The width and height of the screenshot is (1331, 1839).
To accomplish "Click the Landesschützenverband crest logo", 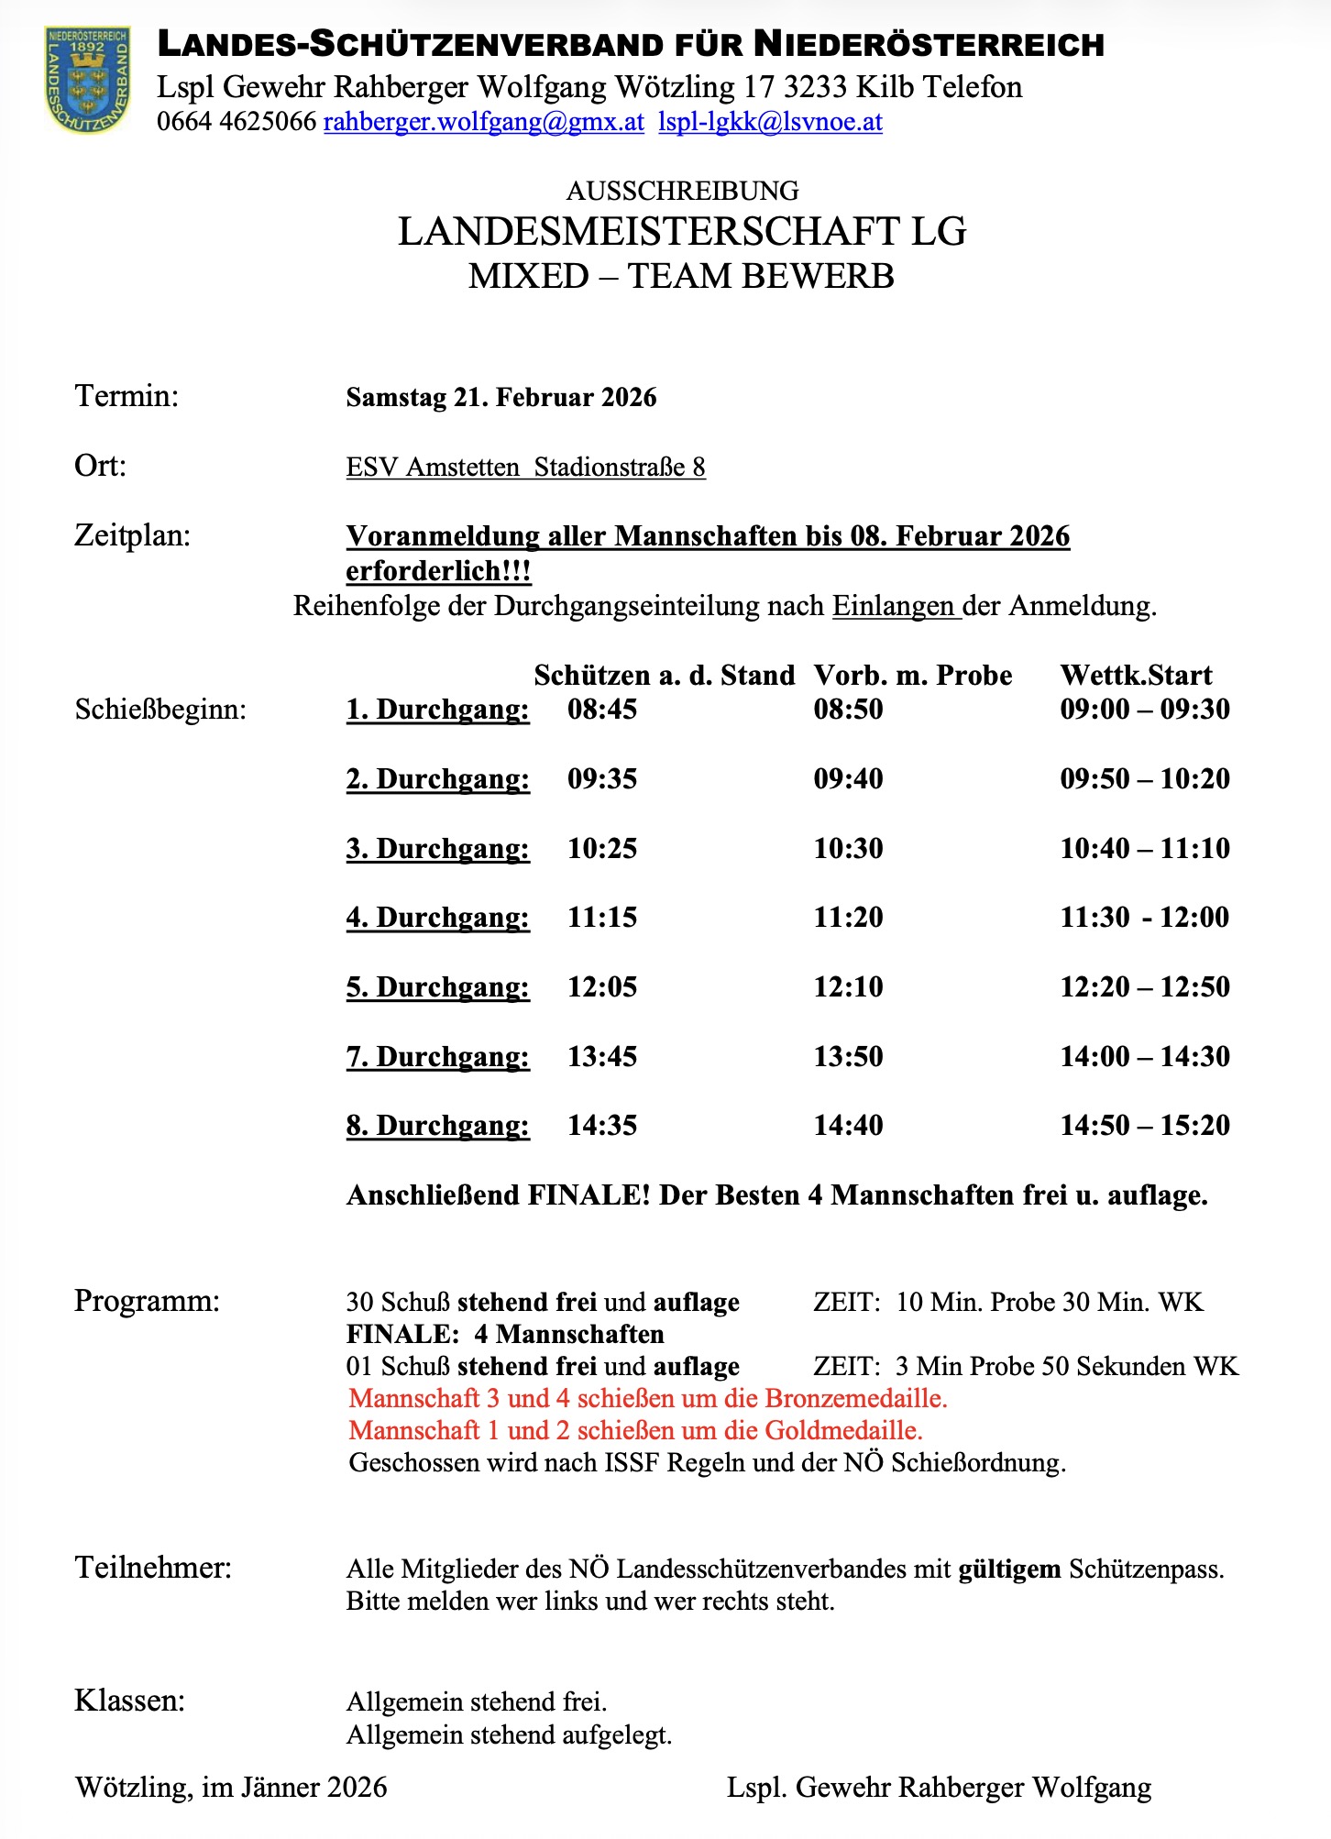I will [88, 79].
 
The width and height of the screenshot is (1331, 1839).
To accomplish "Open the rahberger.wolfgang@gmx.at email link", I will [483, 122].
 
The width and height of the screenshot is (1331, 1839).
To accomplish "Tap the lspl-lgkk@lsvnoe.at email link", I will [770, 122].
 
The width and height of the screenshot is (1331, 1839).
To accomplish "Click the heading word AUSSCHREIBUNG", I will [682, 191].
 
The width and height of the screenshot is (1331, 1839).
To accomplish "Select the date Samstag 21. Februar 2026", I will [500, 398].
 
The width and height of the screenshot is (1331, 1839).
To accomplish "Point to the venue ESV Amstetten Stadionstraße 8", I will [525, 468].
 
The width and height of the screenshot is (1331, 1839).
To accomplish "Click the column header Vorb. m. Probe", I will [912, 676].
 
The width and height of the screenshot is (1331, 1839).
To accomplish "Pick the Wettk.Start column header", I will [1136, 676].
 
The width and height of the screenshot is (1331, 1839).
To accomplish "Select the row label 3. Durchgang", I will [437, 849].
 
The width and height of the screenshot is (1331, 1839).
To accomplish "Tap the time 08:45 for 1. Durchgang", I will [601, 710].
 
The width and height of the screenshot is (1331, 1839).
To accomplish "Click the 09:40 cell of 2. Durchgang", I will [848, 779].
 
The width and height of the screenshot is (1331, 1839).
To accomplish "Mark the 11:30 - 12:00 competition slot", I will [1144, 918].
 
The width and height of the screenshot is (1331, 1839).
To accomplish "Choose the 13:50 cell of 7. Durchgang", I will [848, 1057].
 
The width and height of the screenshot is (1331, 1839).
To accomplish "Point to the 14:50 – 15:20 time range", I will [1144, 1126].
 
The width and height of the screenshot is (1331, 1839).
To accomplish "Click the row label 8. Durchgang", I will [437, 1126].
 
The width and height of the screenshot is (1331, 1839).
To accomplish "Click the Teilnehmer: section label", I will [153, 1568].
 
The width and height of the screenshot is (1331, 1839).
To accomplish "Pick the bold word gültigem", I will [1009, 1569].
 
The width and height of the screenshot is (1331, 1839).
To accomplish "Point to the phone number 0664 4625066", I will [236, 122].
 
